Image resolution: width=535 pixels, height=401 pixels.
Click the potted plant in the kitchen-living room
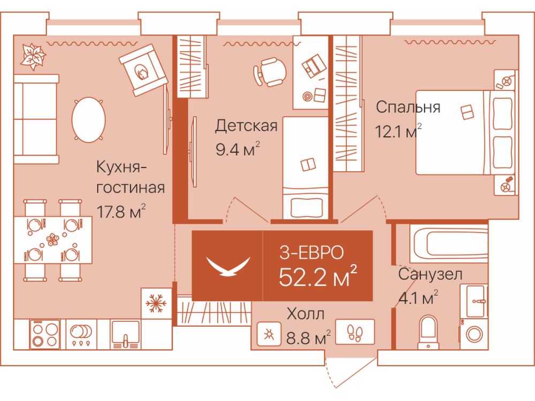33,56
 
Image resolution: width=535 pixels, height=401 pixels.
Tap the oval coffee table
89,119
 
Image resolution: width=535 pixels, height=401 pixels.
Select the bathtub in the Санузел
449,243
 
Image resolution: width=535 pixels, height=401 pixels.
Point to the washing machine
473,334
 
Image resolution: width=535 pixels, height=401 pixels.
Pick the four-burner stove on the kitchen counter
45,334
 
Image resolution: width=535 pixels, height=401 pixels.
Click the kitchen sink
126,335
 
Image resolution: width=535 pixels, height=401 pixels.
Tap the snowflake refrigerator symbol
156,303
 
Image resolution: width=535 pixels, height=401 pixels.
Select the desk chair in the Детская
270,72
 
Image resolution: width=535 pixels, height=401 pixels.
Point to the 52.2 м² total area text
318,276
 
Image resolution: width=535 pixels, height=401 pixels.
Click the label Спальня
408,107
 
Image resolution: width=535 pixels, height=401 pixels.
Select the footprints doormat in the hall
355,332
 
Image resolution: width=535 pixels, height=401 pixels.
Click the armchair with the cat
143,70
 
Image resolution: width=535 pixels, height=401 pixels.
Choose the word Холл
305,314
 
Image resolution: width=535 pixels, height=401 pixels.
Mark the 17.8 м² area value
121,211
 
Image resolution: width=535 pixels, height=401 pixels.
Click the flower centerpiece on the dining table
53,240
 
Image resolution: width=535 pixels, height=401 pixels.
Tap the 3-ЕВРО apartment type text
311,253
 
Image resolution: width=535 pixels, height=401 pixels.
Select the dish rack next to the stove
81,335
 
